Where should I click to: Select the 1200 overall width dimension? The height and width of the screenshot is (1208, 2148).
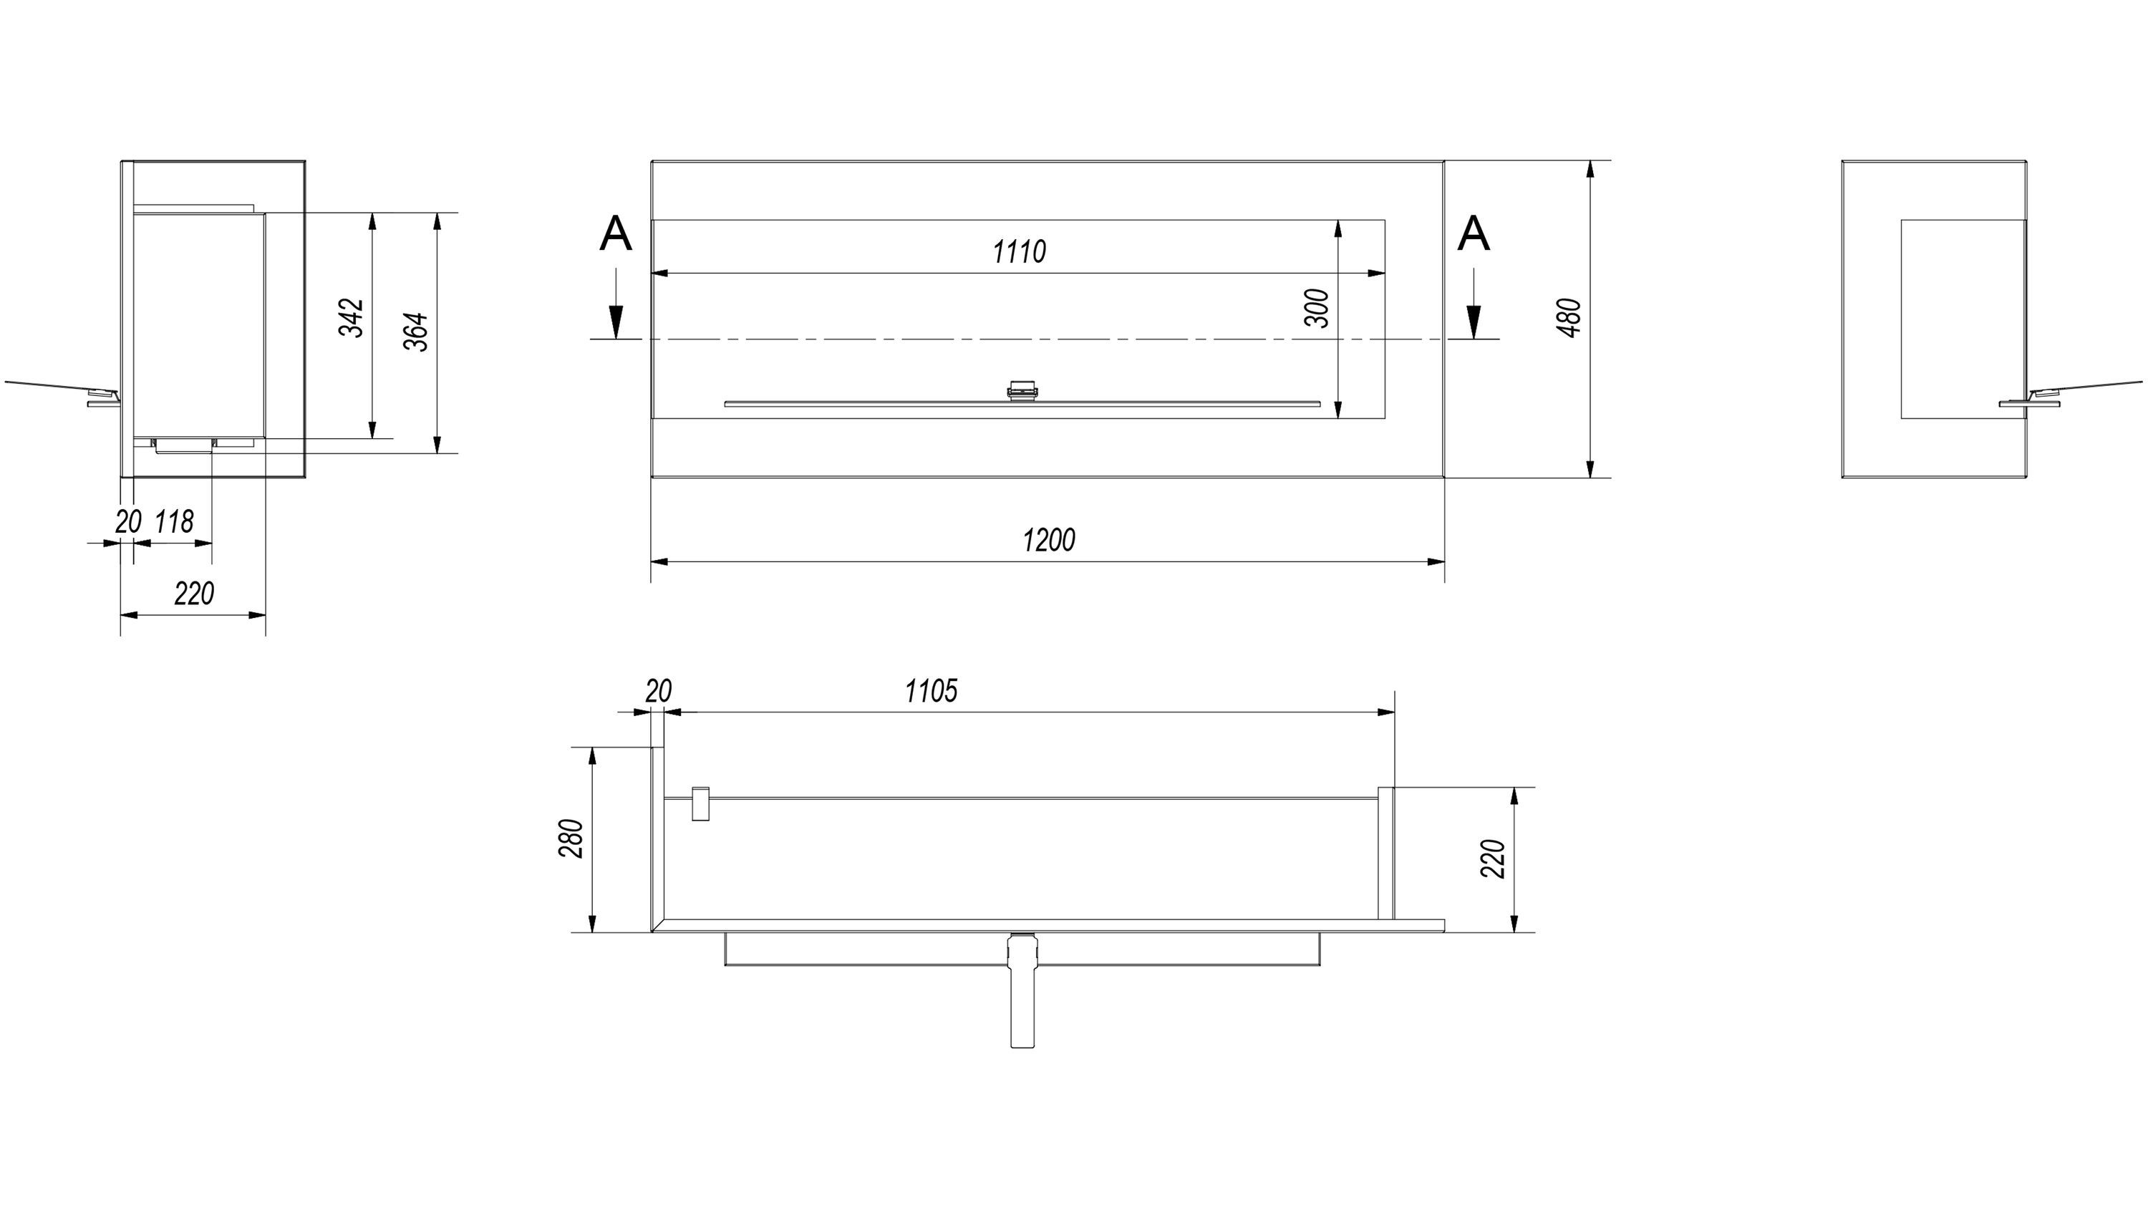click(x=1049, y=540)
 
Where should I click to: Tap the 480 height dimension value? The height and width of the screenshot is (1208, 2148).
click(x=1569, y=318)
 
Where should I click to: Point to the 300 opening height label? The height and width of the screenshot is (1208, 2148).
click(x=1317, y=309)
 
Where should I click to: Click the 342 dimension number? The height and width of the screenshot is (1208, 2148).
click(x=352, y=318)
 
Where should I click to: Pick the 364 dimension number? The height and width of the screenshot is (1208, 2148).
click(x=417, y=332)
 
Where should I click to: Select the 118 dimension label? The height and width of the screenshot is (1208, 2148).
click(x=174, y=522)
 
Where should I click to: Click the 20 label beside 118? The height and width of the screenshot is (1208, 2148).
click(x=127, y=522)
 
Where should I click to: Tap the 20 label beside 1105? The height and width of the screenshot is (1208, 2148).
click(x=658, y=691)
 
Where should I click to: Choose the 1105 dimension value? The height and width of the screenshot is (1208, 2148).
click(x=932, y=691)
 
